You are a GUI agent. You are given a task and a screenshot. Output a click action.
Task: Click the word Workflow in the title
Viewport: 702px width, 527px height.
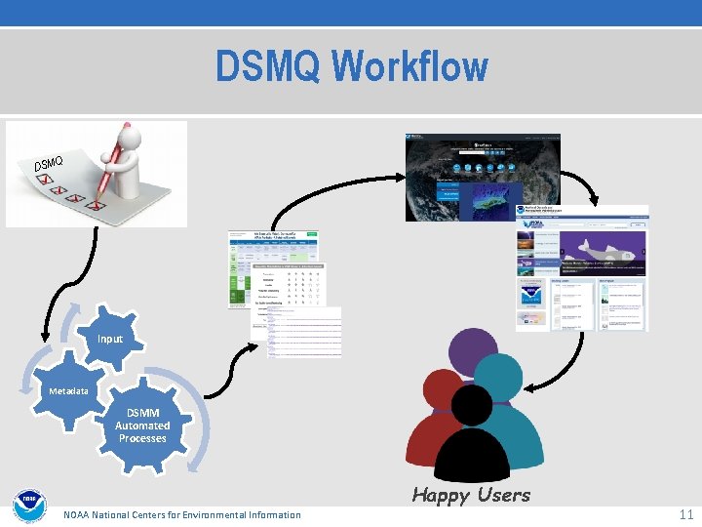click(409, 67)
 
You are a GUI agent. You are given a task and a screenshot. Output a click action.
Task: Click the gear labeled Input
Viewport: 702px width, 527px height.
click(110, 339)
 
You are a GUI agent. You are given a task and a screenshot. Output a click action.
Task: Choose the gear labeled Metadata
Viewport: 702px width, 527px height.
click(64, 391)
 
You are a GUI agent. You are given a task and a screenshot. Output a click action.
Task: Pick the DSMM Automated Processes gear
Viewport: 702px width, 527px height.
click(142, 426)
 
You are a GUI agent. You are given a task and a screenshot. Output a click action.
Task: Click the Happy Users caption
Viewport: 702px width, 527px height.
click(471, 495)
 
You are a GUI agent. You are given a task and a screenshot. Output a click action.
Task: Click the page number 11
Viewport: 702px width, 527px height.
click(685, 513)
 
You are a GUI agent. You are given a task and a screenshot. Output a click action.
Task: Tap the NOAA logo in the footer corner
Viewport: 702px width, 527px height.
click(29, 507)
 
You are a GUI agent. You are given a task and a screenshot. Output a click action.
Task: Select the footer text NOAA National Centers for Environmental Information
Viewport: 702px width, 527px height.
click(182, 514)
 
